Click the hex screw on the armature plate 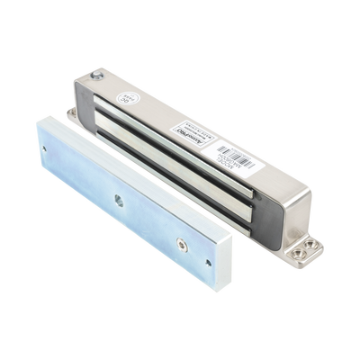(182, 242)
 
